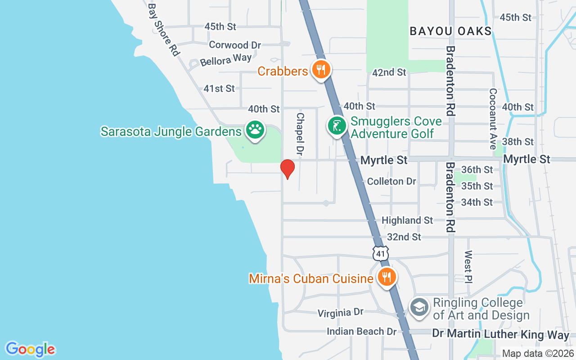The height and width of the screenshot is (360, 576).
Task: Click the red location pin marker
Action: pos(288,169)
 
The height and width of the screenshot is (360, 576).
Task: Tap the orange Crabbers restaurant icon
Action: pos(320,70)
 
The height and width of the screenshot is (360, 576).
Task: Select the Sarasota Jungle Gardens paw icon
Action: pos(255,130)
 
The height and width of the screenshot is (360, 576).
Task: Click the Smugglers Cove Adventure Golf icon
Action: pos(337,126)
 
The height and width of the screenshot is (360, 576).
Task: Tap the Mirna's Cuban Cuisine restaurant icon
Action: pos(386,276)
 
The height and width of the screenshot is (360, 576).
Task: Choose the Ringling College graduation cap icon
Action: pos(419,308)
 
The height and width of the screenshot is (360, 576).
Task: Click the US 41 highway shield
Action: pos(381,253)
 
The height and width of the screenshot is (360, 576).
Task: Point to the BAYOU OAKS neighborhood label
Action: pos(451,31)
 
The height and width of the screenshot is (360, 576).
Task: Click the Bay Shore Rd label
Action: pos(164,30)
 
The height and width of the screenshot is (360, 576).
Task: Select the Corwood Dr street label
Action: pos(235,45)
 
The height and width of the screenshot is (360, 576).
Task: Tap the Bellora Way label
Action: pos(226,60)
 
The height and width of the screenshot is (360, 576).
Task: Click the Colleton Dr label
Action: pos(391,181)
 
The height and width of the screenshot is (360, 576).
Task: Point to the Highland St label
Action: pos(407,220)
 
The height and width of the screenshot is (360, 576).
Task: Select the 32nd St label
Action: pos(404,237)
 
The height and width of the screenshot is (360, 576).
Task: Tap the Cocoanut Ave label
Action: pos(493,119)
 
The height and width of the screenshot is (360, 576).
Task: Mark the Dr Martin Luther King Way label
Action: pos(500,334)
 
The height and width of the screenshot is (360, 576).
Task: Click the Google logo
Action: pos(30,349)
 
